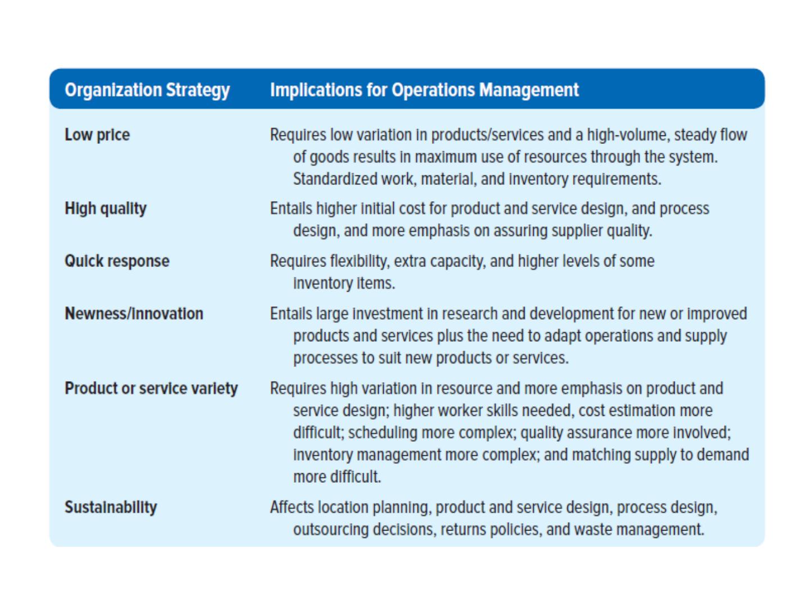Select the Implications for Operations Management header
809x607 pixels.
point(424,90)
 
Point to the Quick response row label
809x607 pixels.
point(117,261)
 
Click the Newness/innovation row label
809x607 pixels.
point(134,314)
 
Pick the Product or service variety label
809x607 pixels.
point(151,388)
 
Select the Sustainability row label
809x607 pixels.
point(111,508)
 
